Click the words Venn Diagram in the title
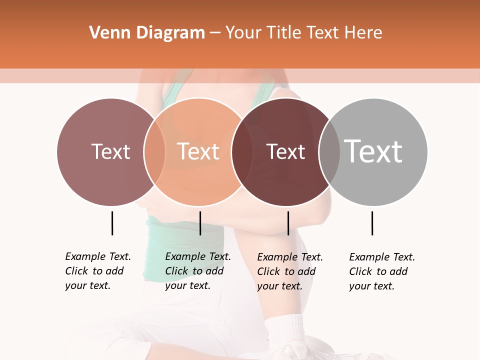point(147,33)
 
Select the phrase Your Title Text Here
point(303,33)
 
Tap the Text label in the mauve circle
point(110,151)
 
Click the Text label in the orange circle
point(198,151)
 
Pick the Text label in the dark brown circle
point(285,152)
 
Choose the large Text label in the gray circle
point(373,151)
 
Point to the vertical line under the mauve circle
point(112,223)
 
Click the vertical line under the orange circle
point(200,223)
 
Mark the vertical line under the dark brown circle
point(288,223)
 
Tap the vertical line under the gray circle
point(372,223)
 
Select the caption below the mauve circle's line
point(98,271)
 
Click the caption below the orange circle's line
point(198,271)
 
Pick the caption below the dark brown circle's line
point(290,271)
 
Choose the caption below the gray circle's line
point(382,271)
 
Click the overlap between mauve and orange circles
point(154,152)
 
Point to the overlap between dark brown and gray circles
point(329,152)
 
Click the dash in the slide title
point(215,33)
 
